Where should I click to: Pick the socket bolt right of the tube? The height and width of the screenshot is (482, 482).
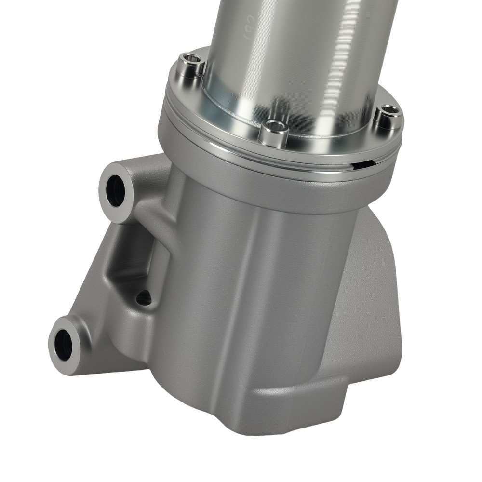[388, 117]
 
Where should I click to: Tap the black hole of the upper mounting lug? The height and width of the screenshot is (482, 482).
[116, 191]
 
